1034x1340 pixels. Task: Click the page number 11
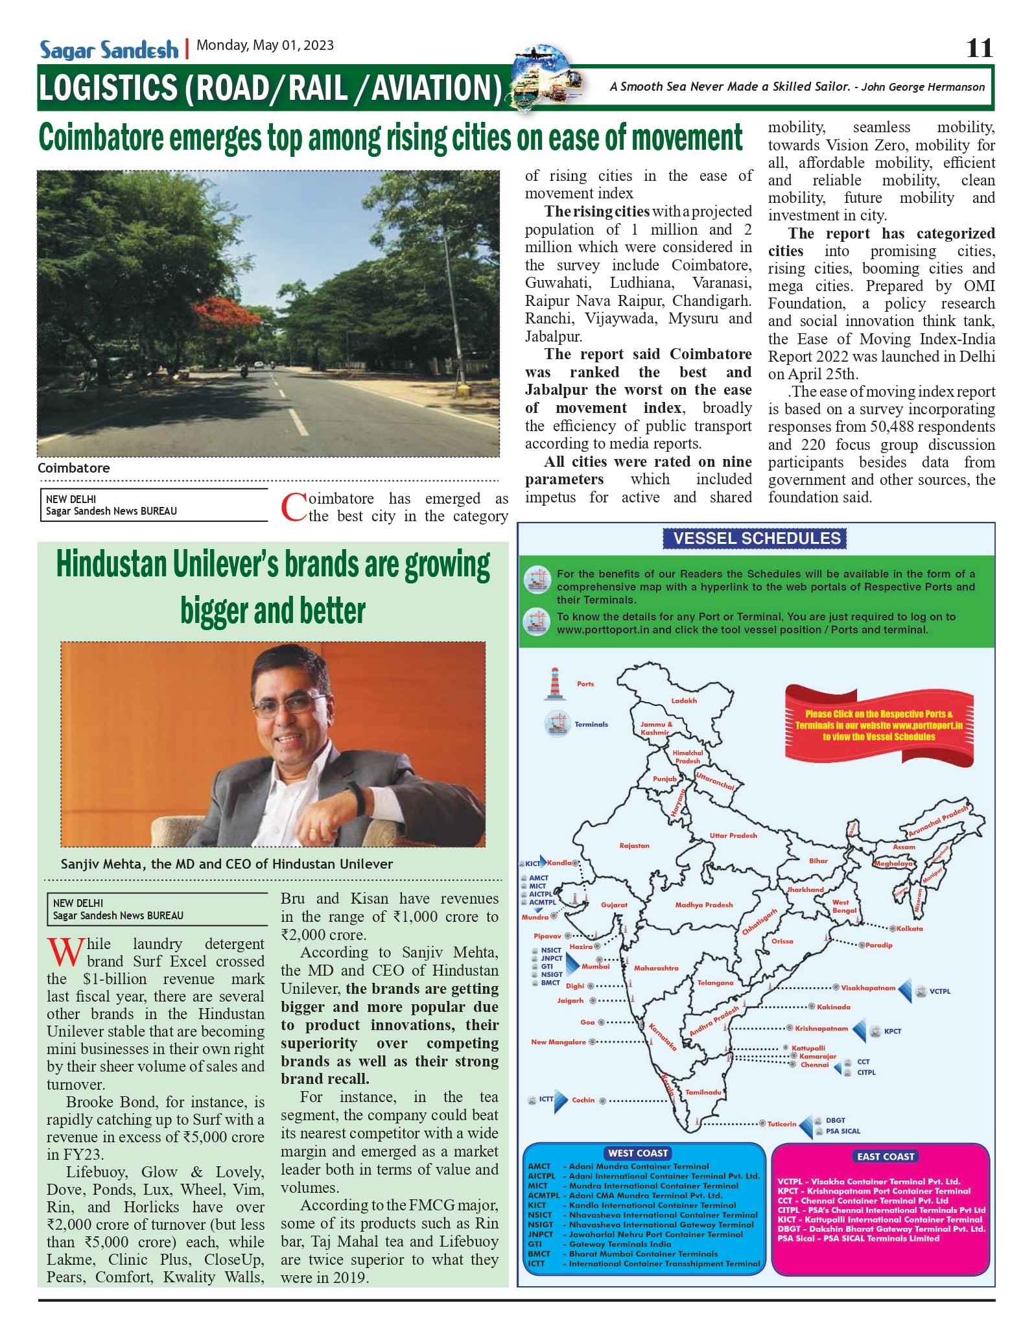(979, 48)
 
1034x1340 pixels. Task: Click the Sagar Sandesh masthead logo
(108, 50)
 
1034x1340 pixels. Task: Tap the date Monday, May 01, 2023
(265, 45)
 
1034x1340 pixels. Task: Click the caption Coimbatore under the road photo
(73, 468)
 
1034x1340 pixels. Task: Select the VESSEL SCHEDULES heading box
(756, 538)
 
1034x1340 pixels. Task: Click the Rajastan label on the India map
(634, 845)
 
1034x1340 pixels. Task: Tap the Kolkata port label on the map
(910, 928)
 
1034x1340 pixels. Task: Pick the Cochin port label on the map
(583, 1100)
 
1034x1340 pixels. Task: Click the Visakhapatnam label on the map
(868, 988)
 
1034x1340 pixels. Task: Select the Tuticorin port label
(782, 1124)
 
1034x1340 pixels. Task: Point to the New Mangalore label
(558, 1042)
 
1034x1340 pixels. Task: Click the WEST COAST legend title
(638, 1153)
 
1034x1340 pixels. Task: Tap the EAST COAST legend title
(885, 1157)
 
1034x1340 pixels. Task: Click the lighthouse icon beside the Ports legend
(554, 684)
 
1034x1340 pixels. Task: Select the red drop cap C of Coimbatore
(293, 508)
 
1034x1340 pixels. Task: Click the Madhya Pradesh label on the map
(703, 904)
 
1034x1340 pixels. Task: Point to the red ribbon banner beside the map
(878, 725)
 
